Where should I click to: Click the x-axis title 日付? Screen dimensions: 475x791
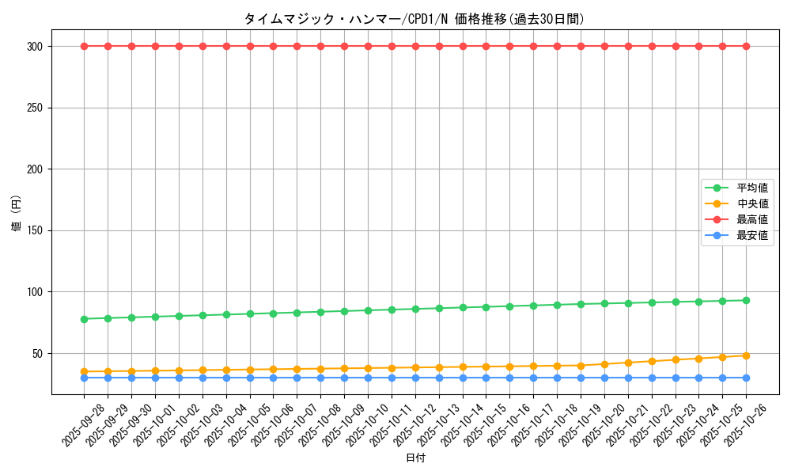tap(414, 458)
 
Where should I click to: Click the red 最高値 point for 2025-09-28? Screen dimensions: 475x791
tap(85, 46)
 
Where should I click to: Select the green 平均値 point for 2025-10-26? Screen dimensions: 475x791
tap(746, 300)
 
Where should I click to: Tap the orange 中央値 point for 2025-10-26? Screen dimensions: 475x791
tap(746, 355)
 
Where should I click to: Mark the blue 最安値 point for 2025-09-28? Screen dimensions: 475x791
tap(85, 378)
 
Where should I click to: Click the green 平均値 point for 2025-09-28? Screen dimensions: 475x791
tap(85, 319)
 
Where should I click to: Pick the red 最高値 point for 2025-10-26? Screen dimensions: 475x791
tap(746, 46)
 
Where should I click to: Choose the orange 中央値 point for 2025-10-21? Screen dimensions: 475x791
tap(628, 363)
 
